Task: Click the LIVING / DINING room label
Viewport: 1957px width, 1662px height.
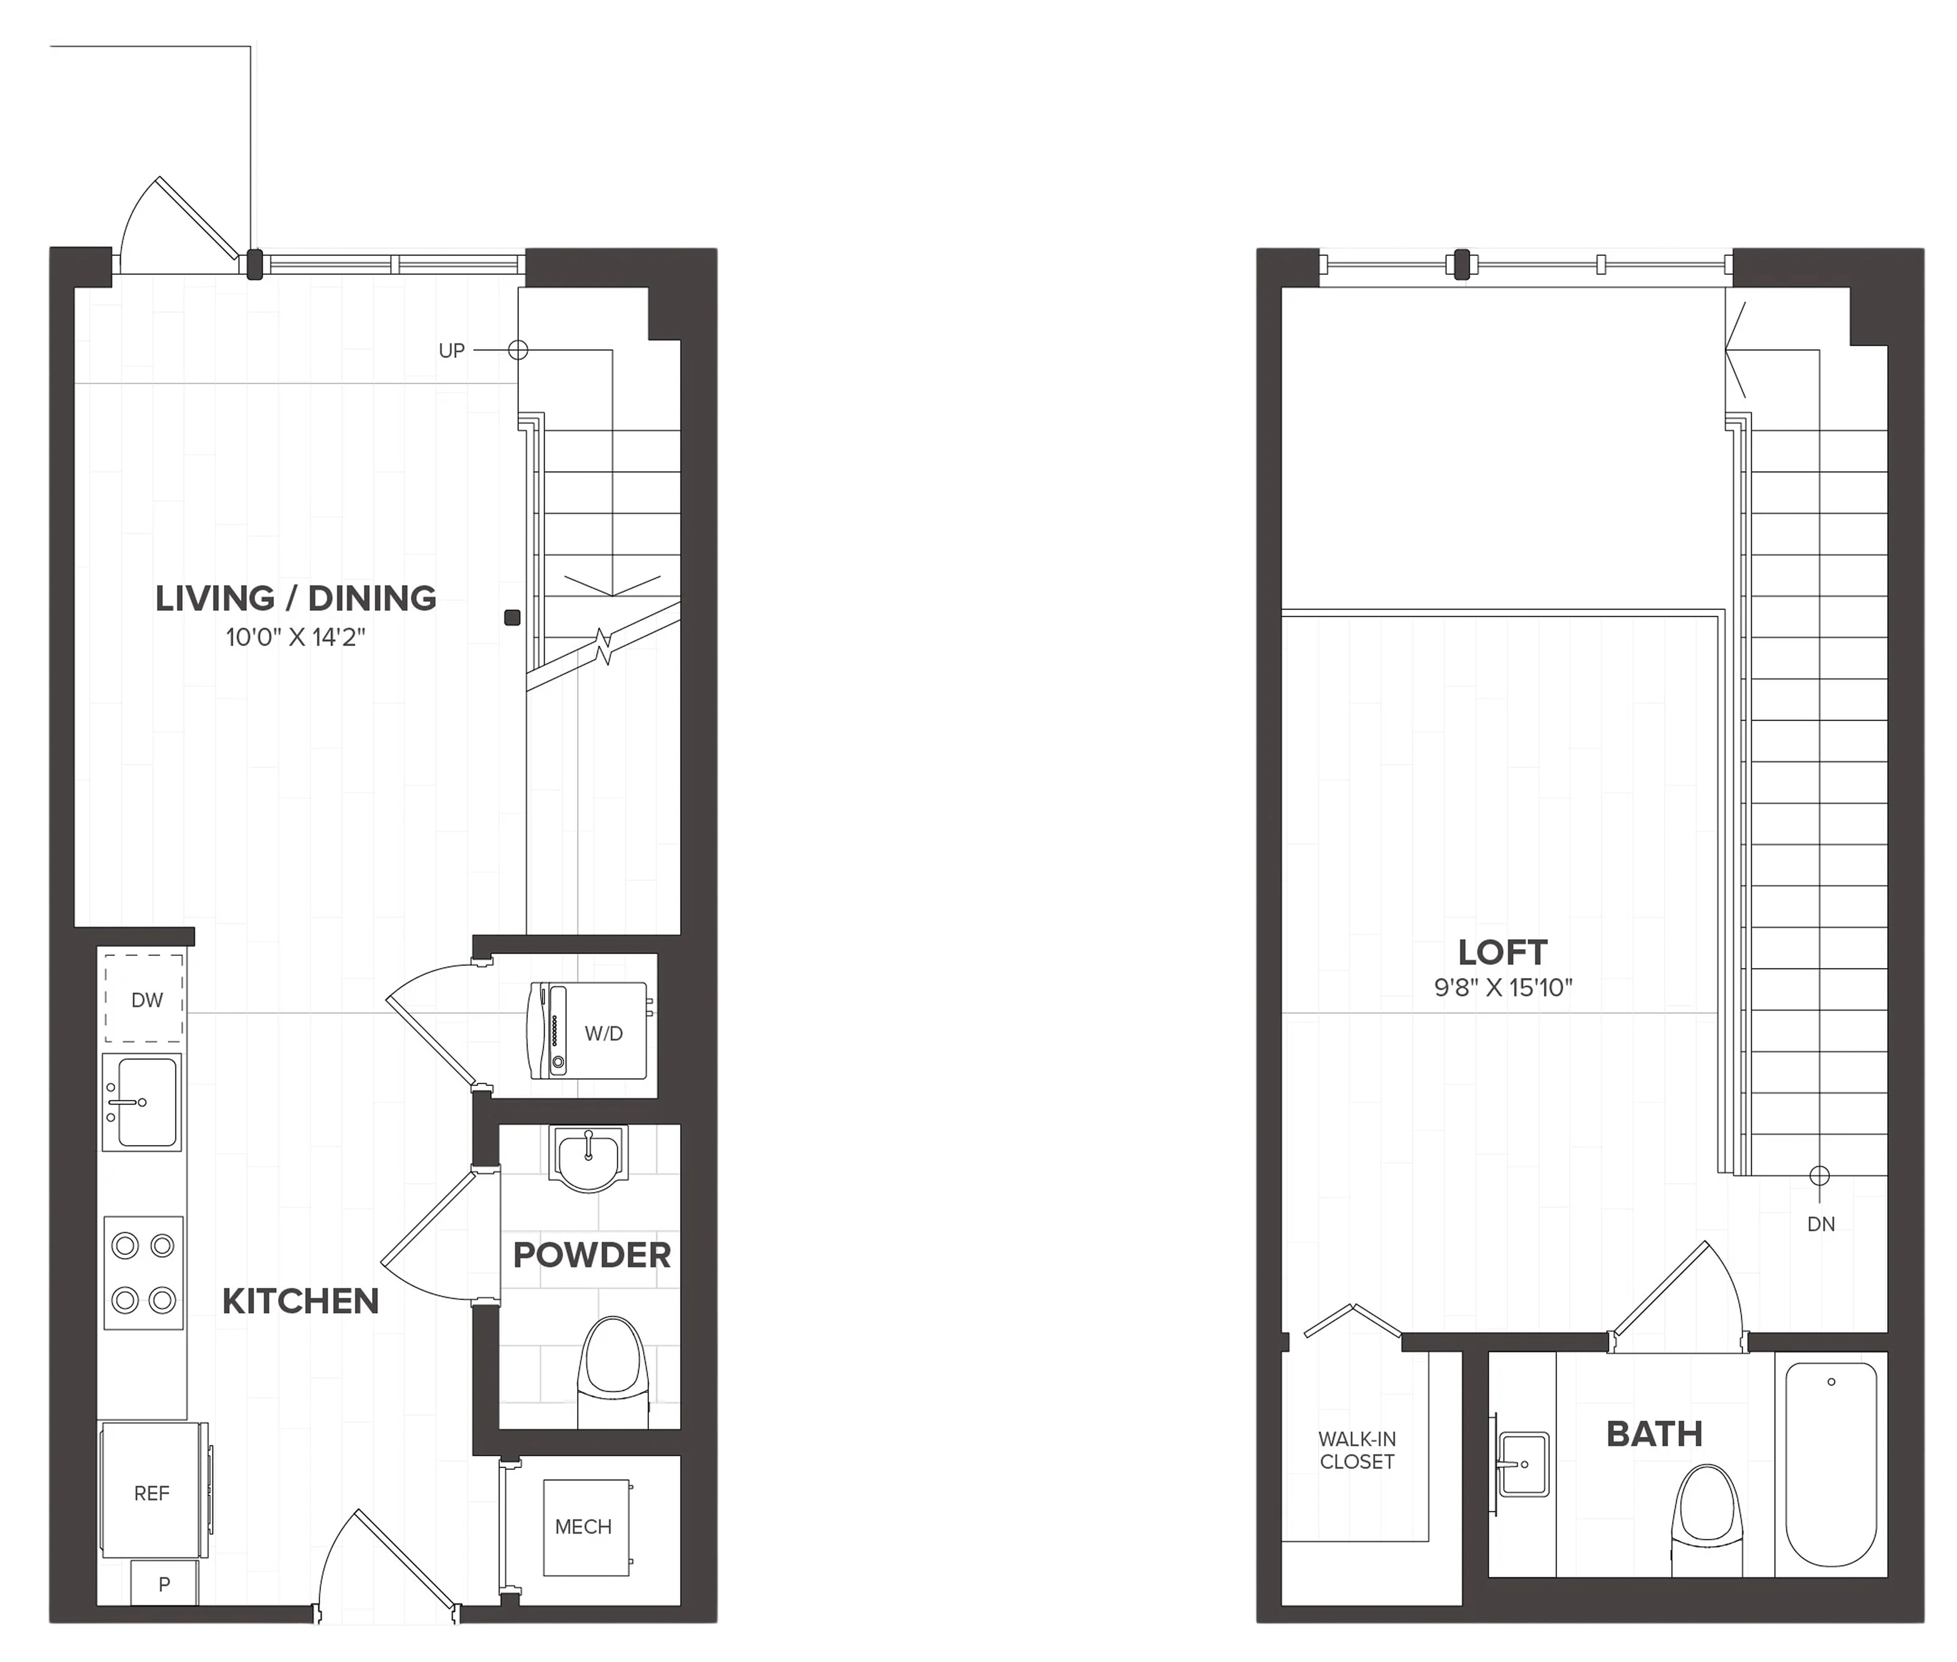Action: coord(296,598)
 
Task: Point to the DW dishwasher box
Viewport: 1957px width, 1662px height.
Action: coord(143,999)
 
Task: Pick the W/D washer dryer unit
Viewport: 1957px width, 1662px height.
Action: coord(589,1031)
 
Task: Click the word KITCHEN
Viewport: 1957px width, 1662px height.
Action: coord(300,1301)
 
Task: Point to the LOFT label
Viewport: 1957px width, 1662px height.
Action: coord(1503,952)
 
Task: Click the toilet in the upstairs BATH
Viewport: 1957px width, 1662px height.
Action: coord(1707,1520)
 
